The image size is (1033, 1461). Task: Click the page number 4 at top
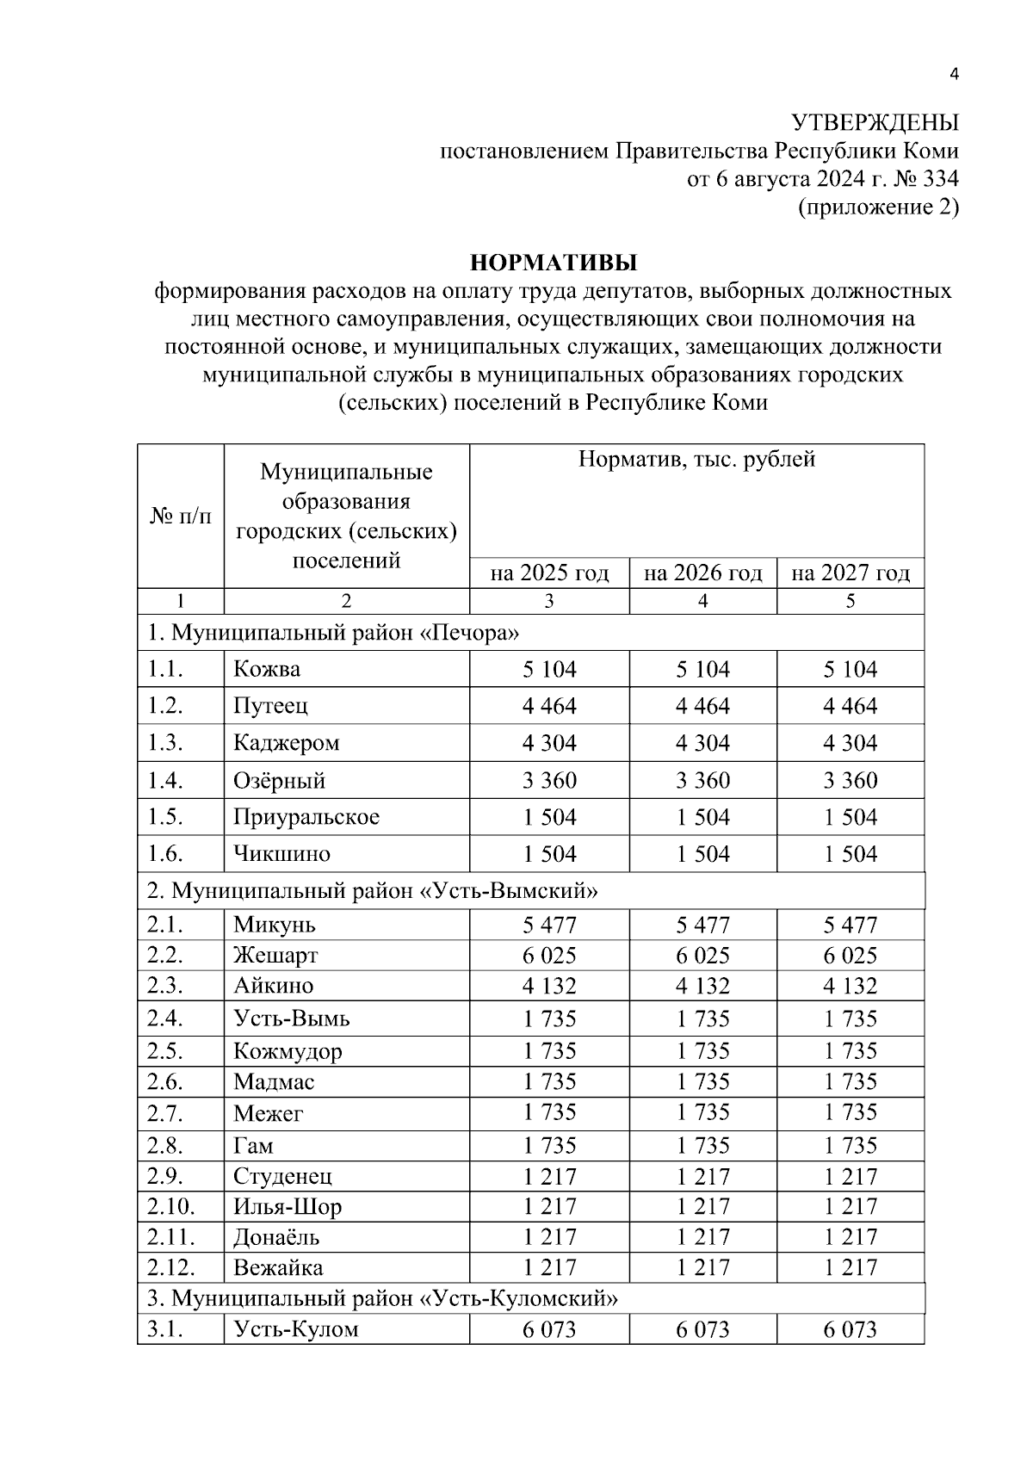point(953,75)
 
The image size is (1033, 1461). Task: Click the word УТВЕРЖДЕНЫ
point(874,123)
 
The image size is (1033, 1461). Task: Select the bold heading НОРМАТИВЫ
point(552,262)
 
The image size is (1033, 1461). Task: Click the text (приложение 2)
point(878,207)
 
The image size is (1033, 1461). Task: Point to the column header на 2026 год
point(702,573)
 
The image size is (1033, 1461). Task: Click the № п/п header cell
point(181,517)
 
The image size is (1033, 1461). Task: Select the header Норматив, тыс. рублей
point(696,460)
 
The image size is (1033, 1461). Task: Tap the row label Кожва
point(267,670)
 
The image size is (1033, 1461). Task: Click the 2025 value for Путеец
point(549,707)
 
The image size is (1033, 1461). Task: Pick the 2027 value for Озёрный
point(850,781)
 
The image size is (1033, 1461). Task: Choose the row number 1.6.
point(165,854)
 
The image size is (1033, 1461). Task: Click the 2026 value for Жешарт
point(702,956)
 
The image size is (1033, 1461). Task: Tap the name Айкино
point(273,986)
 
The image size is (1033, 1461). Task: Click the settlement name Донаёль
point(276,1238)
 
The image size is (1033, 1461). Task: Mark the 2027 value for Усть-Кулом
point(850,1330)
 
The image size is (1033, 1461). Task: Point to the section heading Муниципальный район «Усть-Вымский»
point(372,891)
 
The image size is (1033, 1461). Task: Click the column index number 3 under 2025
point(549,602)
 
